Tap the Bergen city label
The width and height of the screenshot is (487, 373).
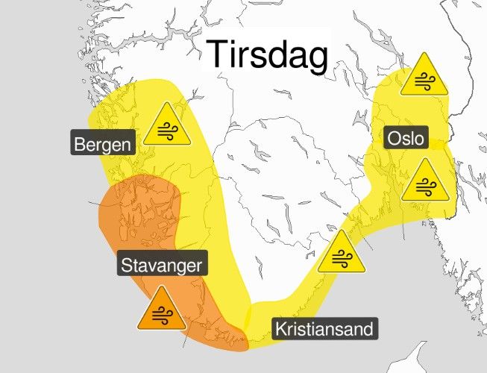pos(103,142)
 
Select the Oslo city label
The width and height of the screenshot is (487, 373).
pos(405,139)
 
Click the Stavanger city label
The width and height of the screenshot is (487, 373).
pos(162,264)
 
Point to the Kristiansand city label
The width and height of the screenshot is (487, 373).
pos(322,328)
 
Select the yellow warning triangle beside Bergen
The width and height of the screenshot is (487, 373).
pos(168,125)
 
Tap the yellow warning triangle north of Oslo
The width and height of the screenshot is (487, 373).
pos(424,75)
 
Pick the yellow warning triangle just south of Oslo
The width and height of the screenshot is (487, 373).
pos(424,181)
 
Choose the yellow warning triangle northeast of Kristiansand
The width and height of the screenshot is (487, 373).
pos(340,253)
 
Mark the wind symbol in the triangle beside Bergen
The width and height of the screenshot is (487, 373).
pos(168,131)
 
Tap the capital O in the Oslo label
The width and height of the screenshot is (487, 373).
pos(393,139)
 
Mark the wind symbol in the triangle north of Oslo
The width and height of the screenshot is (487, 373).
pos(424,80)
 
